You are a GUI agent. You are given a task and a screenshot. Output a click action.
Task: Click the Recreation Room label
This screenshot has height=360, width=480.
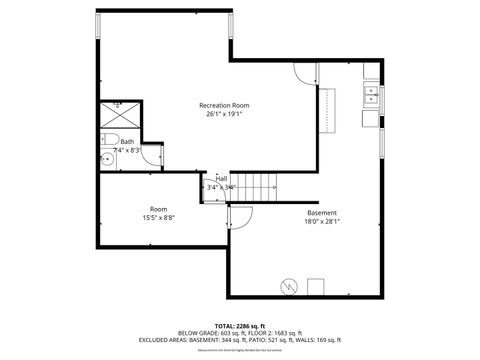223,105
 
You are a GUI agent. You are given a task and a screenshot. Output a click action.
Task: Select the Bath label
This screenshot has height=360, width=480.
127,142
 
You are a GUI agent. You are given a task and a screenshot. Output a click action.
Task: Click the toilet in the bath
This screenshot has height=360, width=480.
111,138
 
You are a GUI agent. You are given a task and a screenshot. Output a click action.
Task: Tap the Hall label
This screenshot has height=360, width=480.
221,178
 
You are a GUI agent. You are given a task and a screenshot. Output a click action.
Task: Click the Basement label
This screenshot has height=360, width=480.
321,213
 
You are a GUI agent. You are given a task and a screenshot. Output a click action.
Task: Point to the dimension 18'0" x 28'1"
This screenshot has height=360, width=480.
321,222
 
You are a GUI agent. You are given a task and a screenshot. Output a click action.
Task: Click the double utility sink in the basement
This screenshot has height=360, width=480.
370,95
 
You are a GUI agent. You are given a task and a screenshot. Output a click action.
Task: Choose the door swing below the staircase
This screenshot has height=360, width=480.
240,215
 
